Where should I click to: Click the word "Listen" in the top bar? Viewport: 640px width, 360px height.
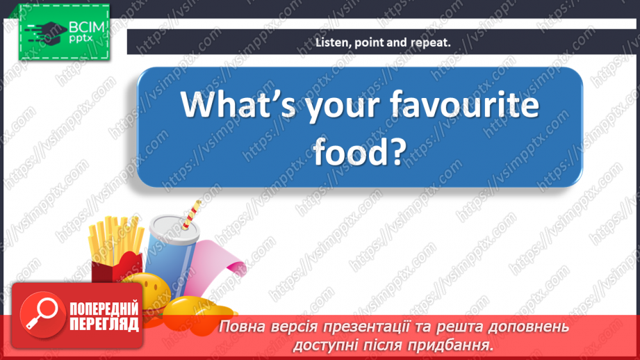tap(331, 42)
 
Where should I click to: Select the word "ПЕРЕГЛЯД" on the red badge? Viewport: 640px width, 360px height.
tap(104, 324)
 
